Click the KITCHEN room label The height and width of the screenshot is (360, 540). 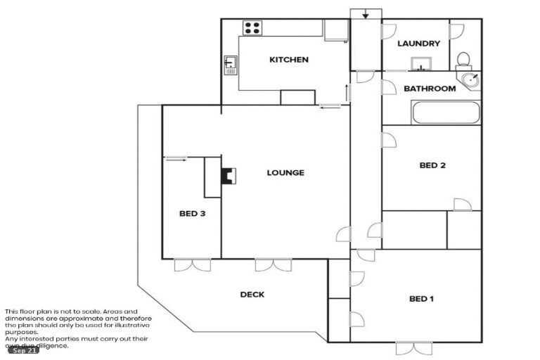(x=288, y=60)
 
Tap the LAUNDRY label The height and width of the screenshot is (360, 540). (x=418, y=44)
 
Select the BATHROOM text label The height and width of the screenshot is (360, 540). (x=429, y=89)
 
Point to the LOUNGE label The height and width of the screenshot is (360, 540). (x=285, y=172)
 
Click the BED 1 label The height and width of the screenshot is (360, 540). (x=421, y=299)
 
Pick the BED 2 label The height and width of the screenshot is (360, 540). (x=432, y=166)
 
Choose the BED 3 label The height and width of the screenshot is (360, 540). (x=191, y=214)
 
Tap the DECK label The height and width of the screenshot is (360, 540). (x=252, y=295)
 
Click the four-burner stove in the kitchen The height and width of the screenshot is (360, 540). (x=252, y=28)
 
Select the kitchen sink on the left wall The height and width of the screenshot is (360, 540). (x=231, y=65)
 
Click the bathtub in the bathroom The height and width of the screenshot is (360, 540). (x=446, y=112)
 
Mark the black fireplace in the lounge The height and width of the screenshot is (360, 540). (x=228, y=174)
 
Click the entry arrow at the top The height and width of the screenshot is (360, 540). (x=366, y=15)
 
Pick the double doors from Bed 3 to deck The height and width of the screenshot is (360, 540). (x=192, y=265)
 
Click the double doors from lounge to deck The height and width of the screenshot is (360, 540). (x=273, y=265)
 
